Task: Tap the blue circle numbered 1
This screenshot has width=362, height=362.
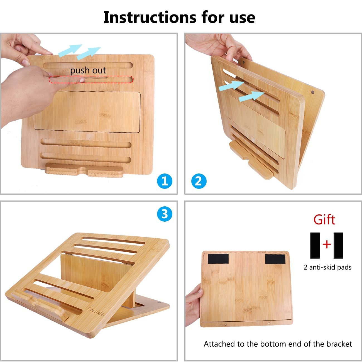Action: click(x=165, y=181)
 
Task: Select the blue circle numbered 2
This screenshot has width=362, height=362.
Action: click(x=199, y=181)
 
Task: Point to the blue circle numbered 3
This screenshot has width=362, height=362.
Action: click(x=165, y=214)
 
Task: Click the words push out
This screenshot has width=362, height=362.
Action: click(x=88, y=71)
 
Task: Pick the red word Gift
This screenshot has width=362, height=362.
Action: click(x=324, y=219)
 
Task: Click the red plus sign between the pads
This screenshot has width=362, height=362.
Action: click(x=326, y=244)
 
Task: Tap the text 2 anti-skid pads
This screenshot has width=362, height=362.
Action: click(x=327, y=267)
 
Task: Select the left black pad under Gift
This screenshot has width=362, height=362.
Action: click(x=315, y=245)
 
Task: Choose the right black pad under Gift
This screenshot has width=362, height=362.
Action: click(x=338, y=245)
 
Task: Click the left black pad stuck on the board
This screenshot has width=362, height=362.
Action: click(x=218, y=259)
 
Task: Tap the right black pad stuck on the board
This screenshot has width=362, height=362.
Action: click(x=275, y=259)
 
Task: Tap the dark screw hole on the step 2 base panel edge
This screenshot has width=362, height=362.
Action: click(x=313, y=92)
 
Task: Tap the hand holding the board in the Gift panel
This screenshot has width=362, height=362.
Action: click(x=194, y=304)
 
